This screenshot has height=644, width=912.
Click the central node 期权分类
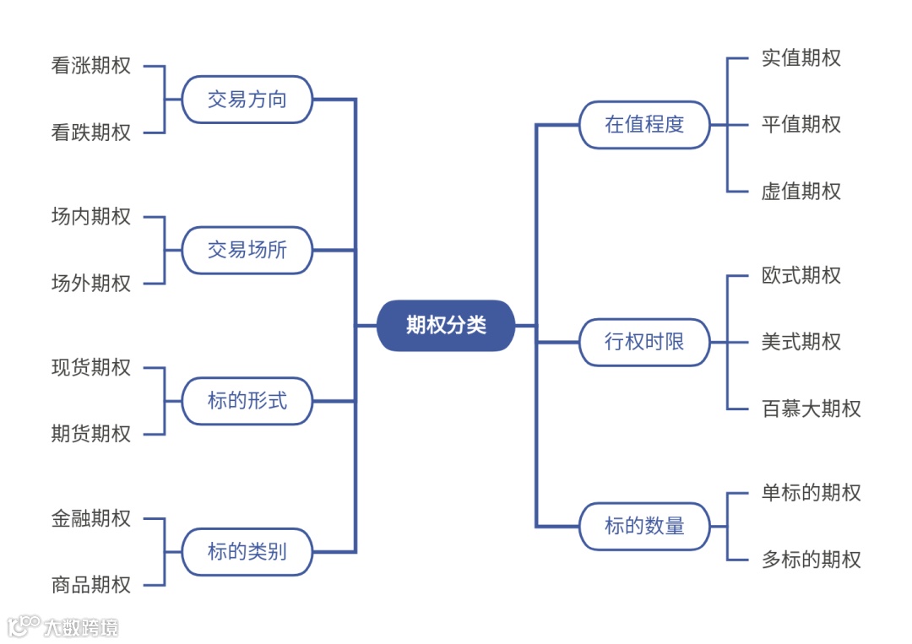(x=446, y=325)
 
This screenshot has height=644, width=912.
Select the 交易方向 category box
(x=247, y=100)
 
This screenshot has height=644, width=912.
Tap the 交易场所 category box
(x=247, y=250)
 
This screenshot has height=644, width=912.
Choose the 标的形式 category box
(x=247, y=401)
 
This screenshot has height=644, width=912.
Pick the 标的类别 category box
(x=247, y=552)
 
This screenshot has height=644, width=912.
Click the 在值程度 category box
(x=644, y=125)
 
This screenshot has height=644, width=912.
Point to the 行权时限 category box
(x=644, y=342)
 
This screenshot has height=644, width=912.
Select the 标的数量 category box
(x=644, y=527)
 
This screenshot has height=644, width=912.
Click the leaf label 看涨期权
(x=91, y=66)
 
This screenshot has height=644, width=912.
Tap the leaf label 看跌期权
(x=91, y=133)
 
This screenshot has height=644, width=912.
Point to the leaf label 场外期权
(x=91, y=284)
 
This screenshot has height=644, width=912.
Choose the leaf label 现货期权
(x=91, y=368)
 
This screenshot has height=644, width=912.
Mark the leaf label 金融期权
(x=91, y=518)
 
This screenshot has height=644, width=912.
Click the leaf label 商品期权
(x=91, y=585)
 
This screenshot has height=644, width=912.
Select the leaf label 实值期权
(x=801, y=58)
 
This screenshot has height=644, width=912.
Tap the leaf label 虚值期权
(x=801, y=192)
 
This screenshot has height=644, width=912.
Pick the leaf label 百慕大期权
(x=811, y=409)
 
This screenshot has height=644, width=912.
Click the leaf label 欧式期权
(x=801, y=275)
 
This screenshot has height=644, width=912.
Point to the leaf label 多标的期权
(x=811, y=560)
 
